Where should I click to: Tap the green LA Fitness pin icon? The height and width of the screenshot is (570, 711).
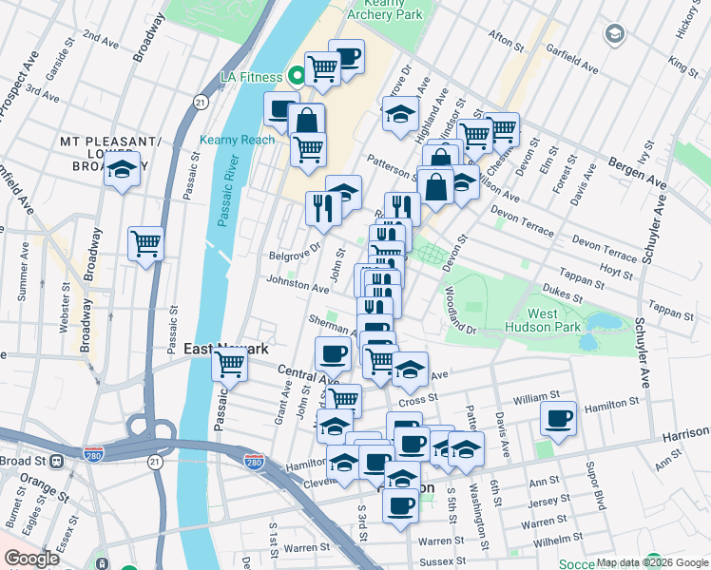pyautogui.click(x=296, y=77)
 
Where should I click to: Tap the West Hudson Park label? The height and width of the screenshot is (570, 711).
pyautogui.click(x=555, y=321)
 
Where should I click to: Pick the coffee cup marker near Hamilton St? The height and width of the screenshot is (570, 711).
pyautogui.click(x=558, y=419)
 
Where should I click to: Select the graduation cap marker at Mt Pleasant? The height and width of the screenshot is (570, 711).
pyautogui.click(x=122, y=169)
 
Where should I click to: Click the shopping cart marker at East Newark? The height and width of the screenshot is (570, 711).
pyautogui.click(x=230, y=363)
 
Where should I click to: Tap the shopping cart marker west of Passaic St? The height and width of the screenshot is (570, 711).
pyautogui.click(x=145, y=243)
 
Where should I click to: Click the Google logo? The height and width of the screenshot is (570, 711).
pyautogui.click(x=31, y=559)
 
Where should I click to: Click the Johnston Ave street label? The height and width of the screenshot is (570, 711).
pyautogui.click(x=297, y=284)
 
